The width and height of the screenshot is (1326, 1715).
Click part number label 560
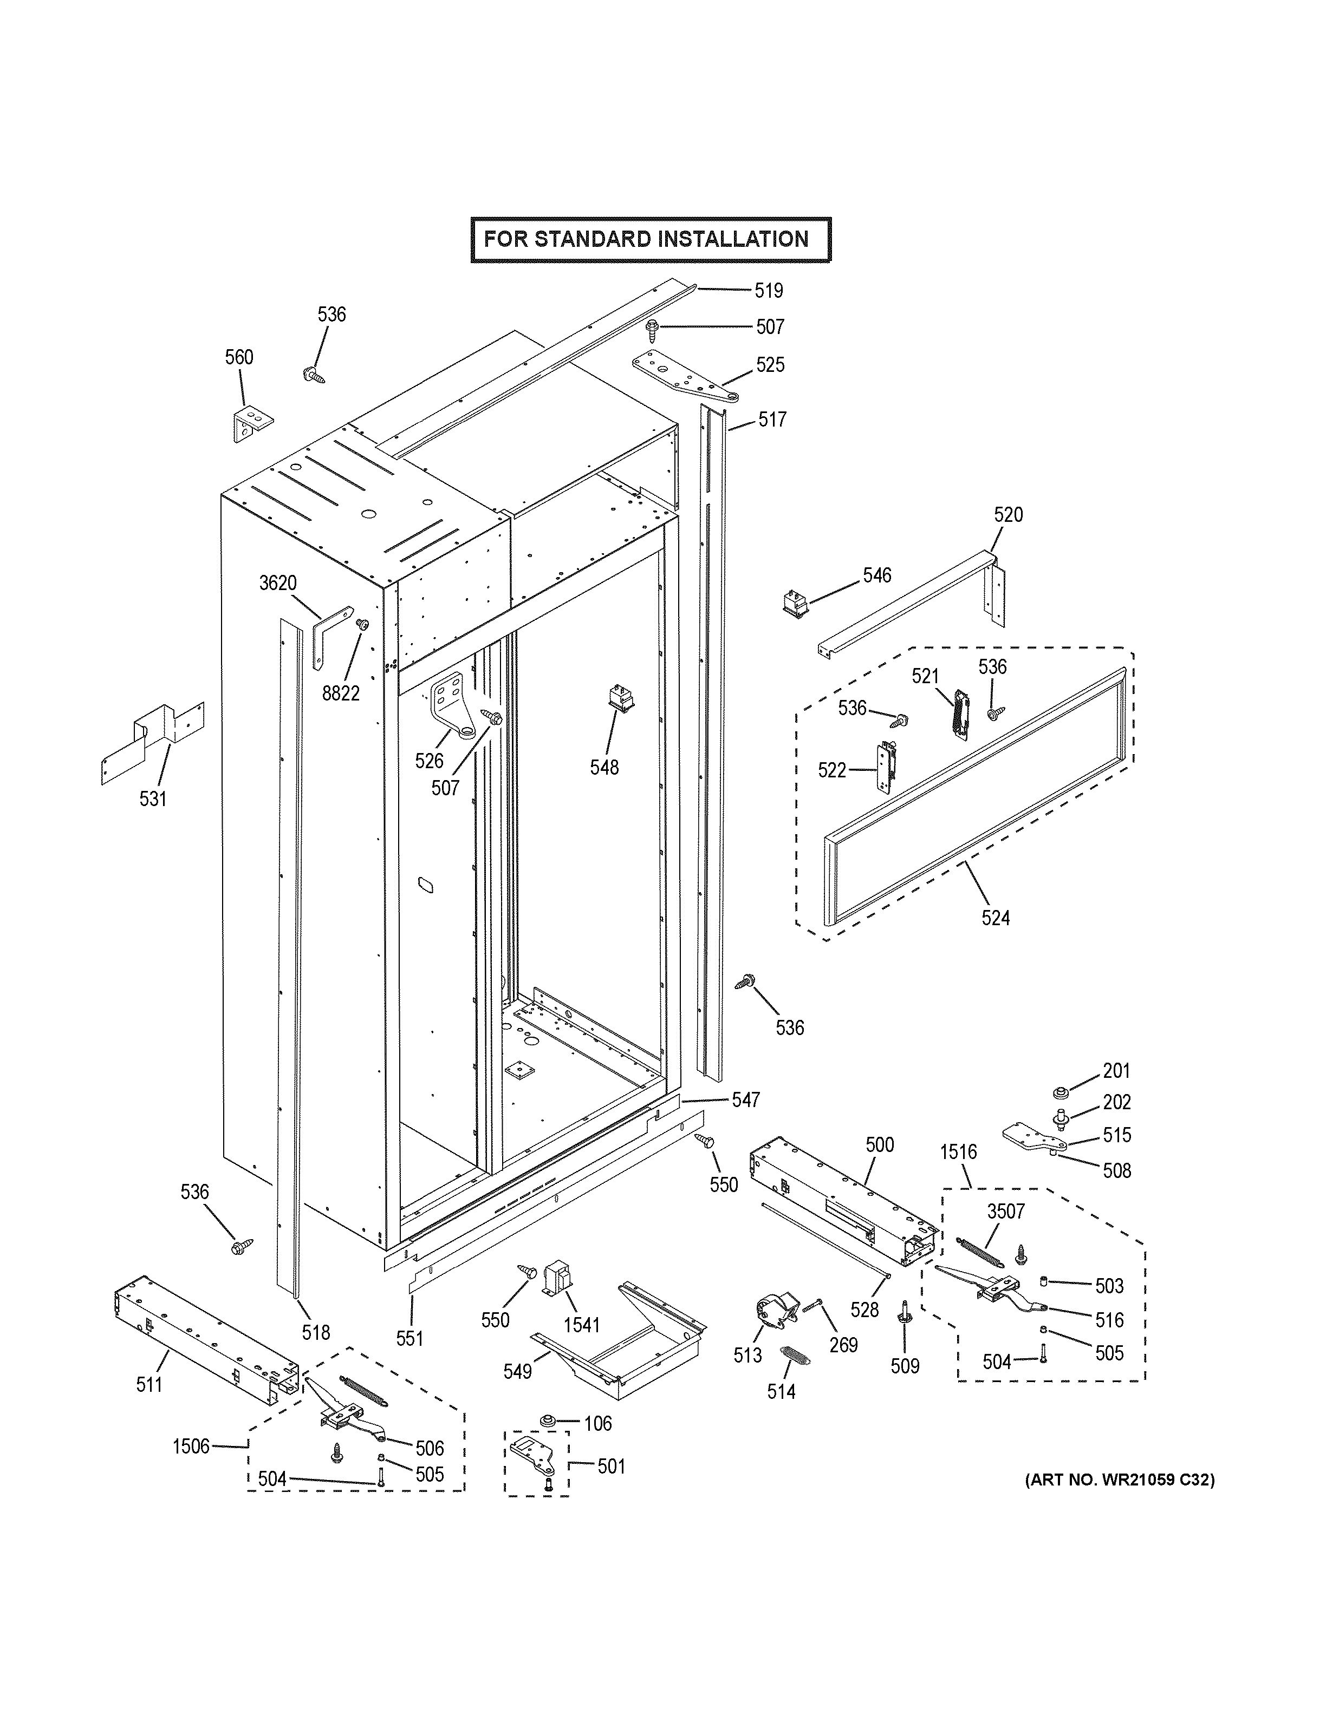tap(239, 357)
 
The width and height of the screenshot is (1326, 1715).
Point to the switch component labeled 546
tap(794, 603)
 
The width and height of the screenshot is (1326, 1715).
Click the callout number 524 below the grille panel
tap(995, 917)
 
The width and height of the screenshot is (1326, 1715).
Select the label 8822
tap(341, 693)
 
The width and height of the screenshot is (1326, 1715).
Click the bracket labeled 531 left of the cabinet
tap(154, 739)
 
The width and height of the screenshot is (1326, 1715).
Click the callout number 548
tap(604, 767)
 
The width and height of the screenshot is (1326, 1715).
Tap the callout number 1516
tap(958, 1152)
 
